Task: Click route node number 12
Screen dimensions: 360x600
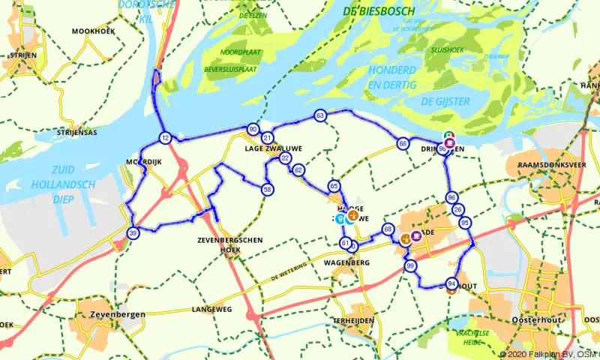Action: point(165,138)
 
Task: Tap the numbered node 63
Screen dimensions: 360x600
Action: point(320,116)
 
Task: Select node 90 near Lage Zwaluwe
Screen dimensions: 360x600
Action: point(253,129)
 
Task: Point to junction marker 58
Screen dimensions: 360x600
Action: point(268,190)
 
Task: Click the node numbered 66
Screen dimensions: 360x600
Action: point(403,143)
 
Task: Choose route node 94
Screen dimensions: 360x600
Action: point(451,283)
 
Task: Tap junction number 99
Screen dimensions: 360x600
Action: point(410,266)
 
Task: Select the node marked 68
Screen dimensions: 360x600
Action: point(388,229)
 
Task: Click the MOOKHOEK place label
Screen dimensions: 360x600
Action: point(91,31)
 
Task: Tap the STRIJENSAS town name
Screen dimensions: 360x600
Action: point(76,132)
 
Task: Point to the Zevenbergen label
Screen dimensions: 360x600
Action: point(116,314)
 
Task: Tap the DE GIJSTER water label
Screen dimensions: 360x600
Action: point(445,100)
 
